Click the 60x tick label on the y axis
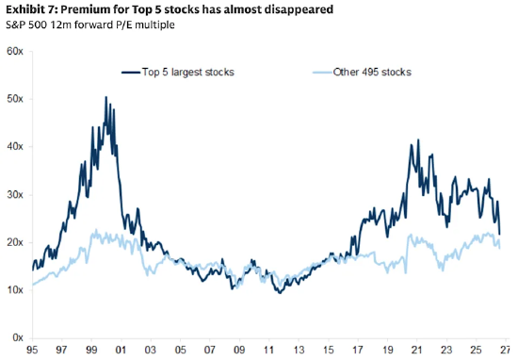coord(15,51)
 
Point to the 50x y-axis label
coord(15,99)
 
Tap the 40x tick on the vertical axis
coord(15,146)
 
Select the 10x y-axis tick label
coord(15,290)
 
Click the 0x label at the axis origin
coord(18,337)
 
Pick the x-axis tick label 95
coord(32,350)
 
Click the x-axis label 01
coord(121,350)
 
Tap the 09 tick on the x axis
coord(239,350)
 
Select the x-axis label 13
coord(299,350)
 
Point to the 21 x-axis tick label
coord(417,350)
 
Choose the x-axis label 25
coord(476,350)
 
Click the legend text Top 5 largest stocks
coord(188,72)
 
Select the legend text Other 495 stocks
coord(372,72)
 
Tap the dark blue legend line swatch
coord(131,73)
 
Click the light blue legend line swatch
coord(322,73)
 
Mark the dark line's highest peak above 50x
coord(106,97)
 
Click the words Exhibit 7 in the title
coord(32,9)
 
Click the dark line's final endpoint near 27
coord(499,235)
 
